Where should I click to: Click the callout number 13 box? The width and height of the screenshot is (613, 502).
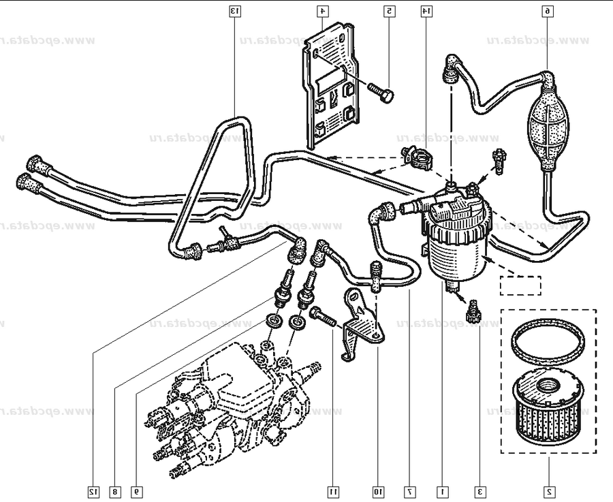pos(234,11)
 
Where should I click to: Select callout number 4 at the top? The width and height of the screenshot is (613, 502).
pos(321,11)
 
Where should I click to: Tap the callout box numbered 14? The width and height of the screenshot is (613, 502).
pos(425,11)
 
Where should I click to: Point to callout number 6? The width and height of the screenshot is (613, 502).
pos(548,11)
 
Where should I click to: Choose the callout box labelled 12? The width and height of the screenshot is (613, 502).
pos(93,490)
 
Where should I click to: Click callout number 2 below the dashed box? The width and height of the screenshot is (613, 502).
pos(548,490)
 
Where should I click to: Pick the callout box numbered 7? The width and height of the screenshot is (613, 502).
pos(409,490)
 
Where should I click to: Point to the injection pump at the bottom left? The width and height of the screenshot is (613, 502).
pos(232,402)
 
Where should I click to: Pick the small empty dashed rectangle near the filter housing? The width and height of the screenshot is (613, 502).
pos(520,285)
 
